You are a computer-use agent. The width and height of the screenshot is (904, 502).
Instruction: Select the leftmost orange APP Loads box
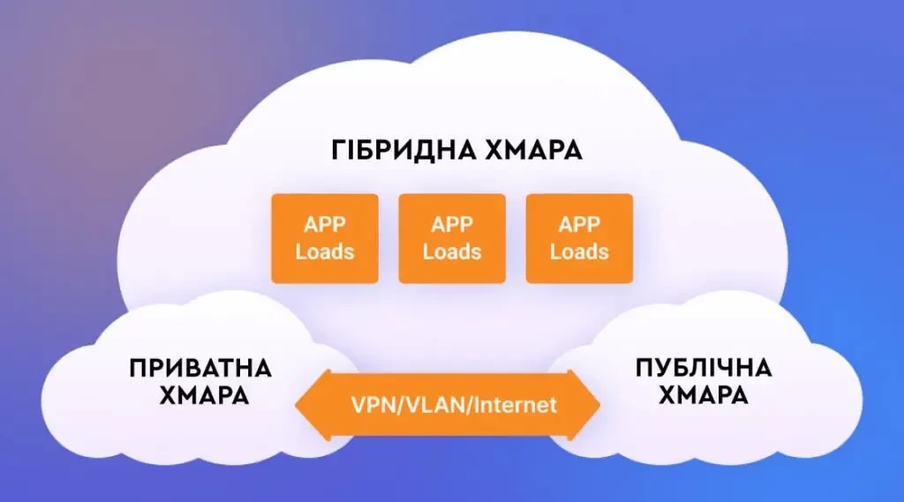tap(324, 238)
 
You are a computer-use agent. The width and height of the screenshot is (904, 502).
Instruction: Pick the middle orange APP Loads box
tap(452, 238)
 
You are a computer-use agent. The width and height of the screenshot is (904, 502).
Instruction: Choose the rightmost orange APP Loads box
tap(579, 238)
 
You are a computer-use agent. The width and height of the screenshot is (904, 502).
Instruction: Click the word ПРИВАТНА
tap(200, 368)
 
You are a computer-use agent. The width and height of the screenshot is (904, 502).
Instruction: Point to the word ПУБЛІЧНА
tap(704, 368)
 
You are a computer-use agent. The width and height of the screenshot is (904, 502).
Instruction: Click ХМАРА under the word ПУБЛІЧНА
tap(704, 396)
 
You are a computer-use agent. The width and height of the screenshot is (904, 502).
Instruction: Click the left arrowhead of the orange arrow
tap(309, 405)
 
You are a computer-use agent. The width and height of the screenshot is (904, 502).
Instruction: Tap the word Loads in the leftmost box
tap(324, 251)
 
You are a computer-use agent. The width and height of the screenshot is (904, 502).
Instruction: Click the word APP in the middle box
tap(452, 224)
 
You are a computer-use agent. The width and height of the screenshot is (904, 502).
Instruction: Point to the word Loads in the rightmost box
tap(579, 251)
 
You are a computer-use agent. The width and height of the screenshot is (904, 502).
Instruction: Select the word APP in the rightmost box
tap(579, 224)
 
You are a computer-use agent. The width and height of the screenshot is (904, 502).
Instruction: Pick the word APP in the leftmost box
tap(324, 224)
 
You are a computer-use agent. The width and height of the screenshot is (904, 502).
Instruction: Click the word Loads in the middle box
tap(452, 251)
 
